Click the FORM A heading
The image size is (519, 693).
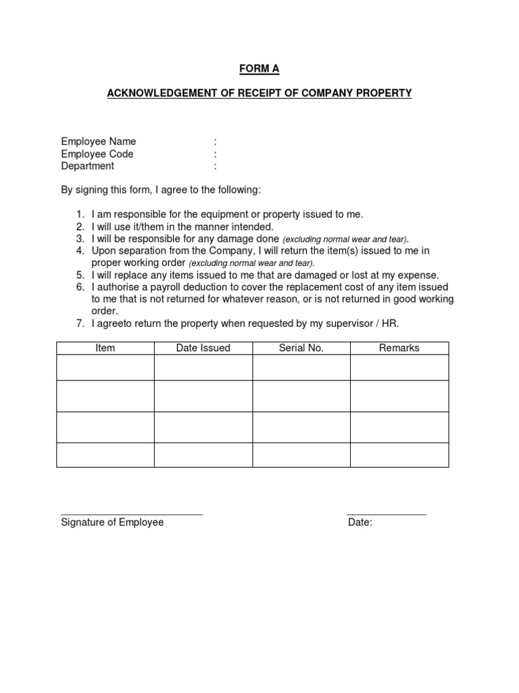259,69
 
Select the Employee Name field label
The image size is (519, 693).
99,141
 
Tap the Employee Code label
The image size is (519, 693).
97,154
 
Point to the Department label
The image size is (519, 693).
88,166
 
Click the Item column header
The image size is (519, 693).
105,348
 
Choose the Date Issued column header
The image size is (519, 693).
203,348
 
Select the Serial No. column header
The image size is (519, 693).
301,348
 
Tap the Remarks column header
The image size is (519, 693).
399,348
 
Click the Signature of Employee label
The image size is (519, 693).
112,522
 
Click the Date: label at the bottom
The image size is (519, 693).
360,522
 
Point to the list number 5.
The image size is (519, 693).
79,275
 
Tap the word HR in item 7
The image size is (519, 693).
390,323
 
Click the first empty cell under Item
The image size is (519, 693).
105,367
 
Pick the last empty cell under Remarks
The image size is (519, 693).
399,455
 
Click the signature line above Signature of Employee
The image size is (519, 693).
132,515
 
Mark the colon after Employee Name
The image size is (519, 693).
215,141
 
